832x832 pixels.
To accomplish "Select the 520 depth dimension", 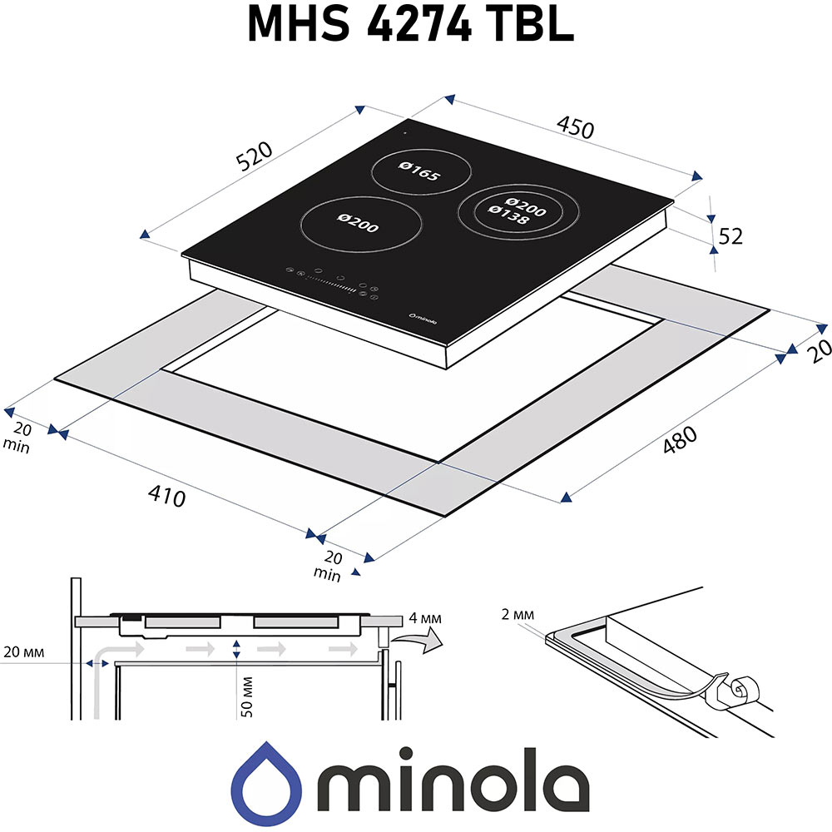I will (255, 157).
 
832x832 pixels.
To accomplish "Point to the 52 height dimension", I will (730, 236).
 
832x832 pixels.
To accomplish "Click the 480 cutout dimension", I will (679, 441).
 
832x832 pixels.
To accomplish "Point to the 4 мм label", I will (425, 620).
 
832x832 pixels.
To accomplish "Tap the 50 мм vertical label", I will (248, 697).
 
